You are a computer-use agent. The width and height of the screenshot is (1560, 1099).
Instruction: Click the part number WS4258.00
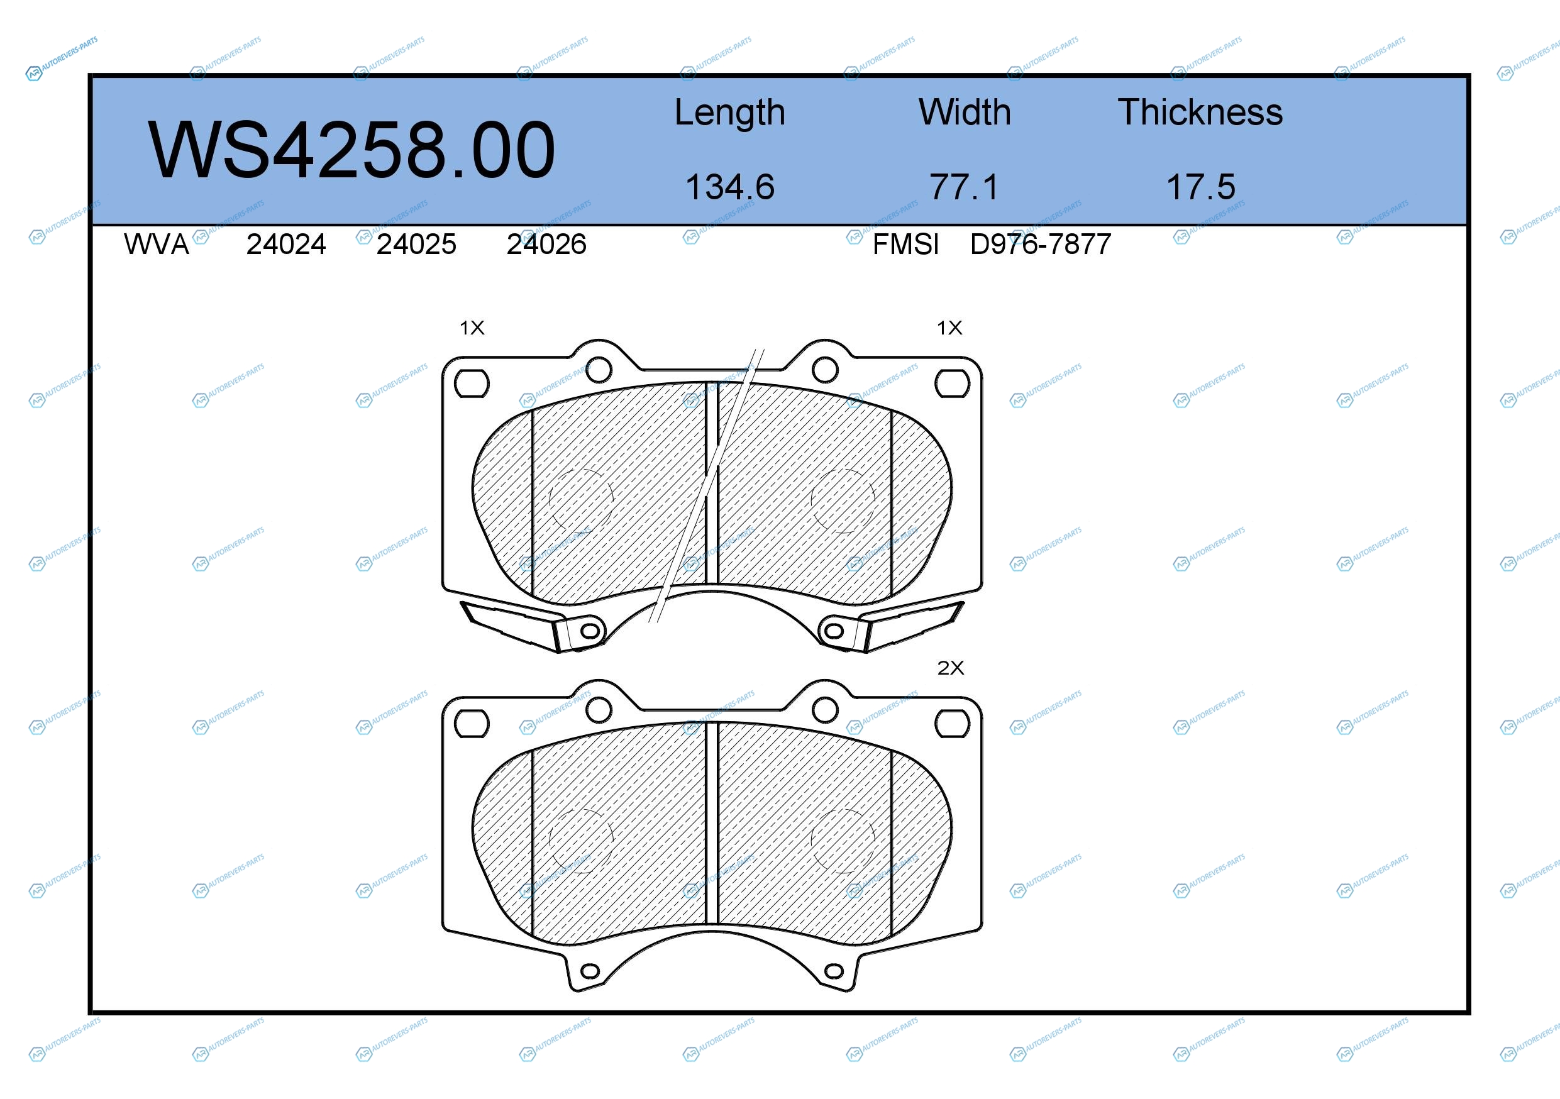pyautogui.click(x=351, y=150)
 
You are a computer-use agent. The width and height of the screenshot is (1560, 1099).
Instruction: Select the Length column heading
pyautogui.click(x=730, y=113)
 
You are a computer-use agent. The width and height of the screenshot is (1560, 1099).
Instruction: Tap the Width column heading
pyautogui.click(x=965, y=112)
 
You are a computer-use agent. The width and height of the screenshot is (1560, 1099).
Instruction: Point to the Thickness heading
pyautogui.click(x=1200, y=112)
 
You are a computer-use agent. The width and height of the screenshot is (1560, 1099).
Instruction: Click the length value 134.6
pyautogui.click(x=730, y=187)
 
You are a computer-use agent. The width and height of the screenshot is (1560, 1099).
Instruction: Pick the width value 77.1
pyautogui.click(x=965, y=187)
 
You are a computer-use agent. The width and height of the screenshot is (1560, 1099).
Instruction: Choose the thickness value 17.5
pyautogui.click(x=1200, y=187)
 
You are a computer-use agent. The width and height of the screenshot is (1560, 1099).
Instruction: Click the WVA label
pyautogui.click(x=157, y=245)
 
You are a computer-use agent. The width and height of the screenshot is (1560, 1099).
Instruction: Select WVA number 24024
pyautogui.click(x=286, y=245)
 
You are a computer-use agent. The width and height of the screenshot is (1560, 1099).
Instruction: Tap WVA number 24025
pyautogui.click(x=416, y=245)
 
